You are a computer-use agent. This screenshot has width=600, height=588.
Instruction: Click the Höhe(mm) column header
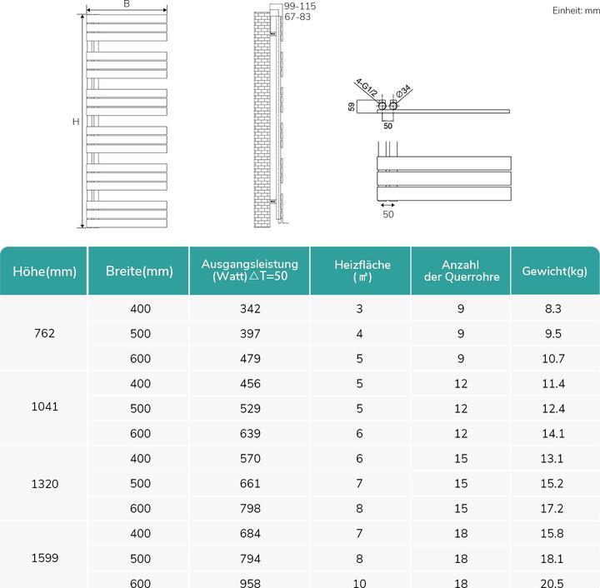click(44, 272)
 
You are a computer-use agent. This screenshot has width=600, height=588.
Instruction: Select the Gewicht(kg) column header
click(555, 272)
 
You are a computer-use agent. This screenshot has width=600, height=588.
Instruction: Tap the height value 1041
click(44, 408)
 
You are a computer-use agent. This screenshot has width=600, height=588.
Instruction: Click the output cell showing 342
click(250, 309)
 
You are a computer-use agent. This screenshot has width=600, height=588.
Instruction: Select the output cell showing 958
click(250, 582)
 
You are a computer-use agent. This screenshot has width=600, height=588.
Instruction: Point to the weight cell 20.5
click(555, 582)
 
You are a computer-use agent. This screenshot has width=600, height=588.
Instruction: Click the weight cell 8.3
click(555, 309)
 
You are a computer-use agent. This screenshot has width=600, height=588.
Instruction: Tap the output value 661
click(250, 484)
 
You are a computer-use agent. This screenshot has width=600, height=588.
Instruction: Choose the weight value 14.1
click(555, 433)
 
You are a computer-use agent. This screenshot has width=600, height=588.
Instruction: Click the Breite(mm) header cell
click(139, 272)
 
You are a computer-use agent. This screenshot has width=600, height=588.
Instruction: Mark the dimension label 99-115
click(300, 7)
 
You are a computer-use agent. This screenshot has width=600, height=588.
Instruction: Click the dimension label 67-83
click(298, 17)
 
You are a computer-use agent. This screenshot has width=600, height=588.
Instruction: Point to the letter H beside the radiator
click(75, 122)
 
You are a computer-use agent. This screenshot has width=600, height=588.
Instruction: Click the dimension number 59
click(352, 107)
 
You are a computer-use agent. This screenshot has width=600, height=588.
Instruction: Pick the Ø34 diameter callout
click(403, 91)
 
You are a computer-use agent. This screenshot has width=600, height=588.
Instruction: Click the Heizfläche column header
click(361, 272)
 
